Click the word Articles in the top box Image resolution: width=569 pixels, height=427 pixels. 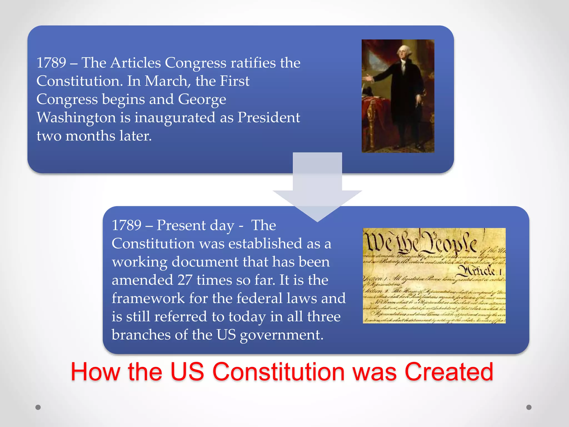[x=136, y=63]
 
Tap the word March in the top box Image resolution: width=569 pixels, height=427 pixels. [x=166, y=81]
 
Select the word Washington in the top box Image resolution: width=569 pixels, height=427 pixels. [x=76, y=118]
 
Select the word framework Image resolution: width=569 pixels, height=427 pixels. [x=148, y=298]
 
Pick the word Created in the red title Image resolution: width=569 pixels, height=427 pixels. [x=449, y=372]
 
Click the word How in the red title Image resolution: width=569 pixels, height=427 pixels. [x=95, y=372]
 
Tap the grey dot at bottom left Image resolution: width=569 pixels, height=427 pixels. [x=38, y=407]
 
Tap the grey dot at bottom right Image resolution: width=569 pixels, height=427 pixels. [x=529, y=407]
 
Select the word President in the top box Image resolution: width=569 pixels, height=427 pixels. [x=268, y=118]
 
